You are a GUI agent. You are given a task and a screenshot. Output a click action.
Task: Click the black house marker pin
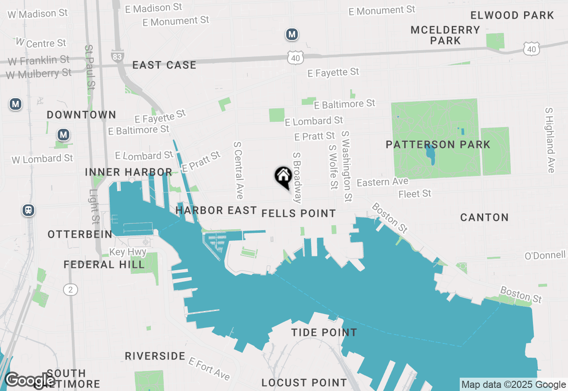[283, 177]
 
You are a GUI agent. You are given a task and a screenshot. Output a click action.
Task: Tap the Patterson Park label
[438, 144]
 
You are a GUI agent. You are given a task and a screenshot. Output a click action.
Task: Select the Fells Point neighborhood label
[299, 213]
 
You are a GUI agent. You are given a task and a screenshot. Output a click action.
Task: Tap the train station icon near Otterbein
[28, 210]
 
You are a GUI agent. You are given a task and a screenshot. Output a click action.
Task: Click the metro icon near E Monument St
[292, 34]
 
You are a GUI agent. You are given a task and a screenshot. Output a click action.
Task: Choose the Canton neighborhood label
[484, 217]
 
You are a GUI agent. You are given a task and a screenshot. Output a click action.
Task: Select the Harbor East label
[216, 210]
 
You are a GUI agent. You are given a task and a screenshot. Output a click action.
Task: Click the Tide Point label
[324, 332]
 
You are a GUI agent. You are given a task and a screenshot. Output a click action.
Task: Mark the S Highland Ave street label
[550, 140]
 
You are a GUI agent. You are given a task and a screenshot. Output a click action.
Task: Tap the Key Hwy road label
[128, 252]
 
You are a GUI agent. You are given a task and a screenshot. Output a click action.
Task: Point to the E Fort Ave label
[209, 368]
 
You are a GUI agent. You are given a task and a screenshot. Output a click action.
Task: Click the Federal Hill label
[104, 265]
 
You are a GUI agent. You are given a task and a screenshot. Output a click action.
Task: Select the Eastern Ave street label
[376, 182]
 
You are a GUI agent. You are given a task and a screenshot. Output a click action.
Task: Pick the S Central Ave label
[239, 170]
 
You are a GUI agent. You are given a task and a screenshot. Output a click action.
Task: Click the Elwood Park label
[512, 15]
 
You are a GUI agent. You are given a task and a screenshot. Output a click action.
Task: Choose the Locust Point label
[304, 383]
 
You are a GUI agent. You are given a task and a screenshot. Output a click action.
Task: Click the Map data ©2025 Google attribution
[513, 385]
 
